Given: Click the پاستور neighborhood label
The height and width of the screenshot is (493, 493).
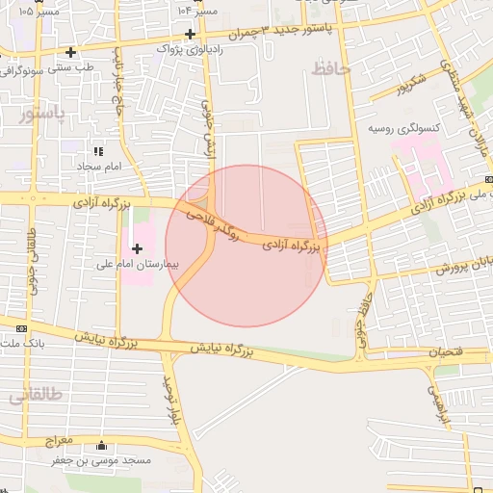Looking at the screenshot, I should pos(43,116).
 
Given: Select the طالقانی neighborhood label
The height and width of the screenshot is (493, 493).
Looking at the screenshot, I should pos(36,395).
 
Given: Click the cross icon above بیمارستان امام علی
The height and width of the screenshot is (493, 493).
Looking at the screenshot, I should pos(137,248).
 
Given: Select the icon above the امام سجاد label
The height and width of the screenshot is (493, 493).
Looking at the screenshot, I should pos(97,151).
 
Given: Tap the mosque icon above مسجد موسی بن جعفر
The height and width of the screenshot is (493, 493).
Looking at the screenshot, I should pos(102,446).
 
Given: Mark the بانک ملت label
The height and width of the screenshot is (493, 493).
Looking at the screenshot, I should pos(25,343).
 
